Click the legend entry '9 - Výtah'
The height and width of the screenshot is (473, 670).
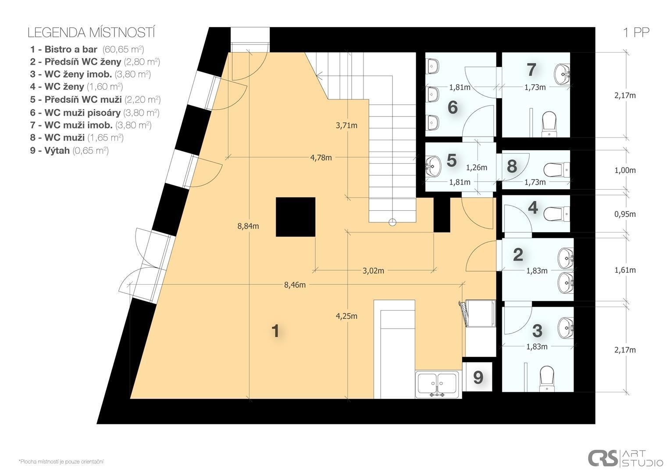pos(50,150)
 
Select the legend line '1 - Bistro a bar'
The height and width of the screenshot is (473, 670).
pos(64,49)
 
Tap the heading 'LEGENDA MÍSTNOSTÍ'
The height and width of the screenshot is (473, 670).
pos(91,33)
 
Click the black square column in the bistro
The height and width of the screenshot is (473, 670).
pos(296,217)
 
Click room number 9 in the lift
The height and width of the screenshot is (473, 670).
pos(478,378)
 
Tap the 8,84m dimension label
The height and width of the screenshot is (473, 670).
pos(248,226)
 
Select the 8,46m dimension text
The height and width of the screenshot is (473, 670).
pos(295,285)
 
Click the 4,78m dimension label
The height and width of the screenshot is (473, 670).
pos(321,158)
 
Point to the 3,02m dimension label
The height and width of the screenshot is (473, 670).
pos(373,271)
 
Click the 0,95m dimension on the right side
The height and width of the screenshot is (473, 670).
pos(625,214)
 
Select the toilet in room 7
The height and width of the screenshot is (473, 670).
pos(549,124)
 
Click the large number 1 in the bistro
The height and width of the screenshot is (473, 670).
pos(275,331)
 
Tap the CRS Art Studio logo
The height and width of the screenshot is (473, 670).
pos(625,459)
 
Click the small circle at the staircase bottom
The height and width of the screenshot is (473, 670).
pos(392,222)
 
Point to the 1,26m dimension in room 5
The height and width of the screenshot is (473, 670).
pos(477,168)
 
